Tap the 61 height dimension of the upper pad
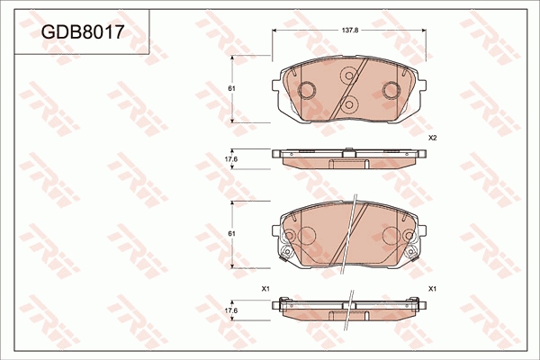click(x=231, y=88)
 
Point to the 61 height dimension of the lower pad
click(x=231, y=233)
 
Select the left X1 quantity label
click(x=265, y=288)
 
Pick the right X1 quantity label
click(x=432, y=288)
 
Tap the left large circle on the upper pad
click(x=305, y=90)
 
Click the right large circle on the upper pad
click(x=391, y=90)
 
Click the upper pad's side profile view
click(x=348, y=157)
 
